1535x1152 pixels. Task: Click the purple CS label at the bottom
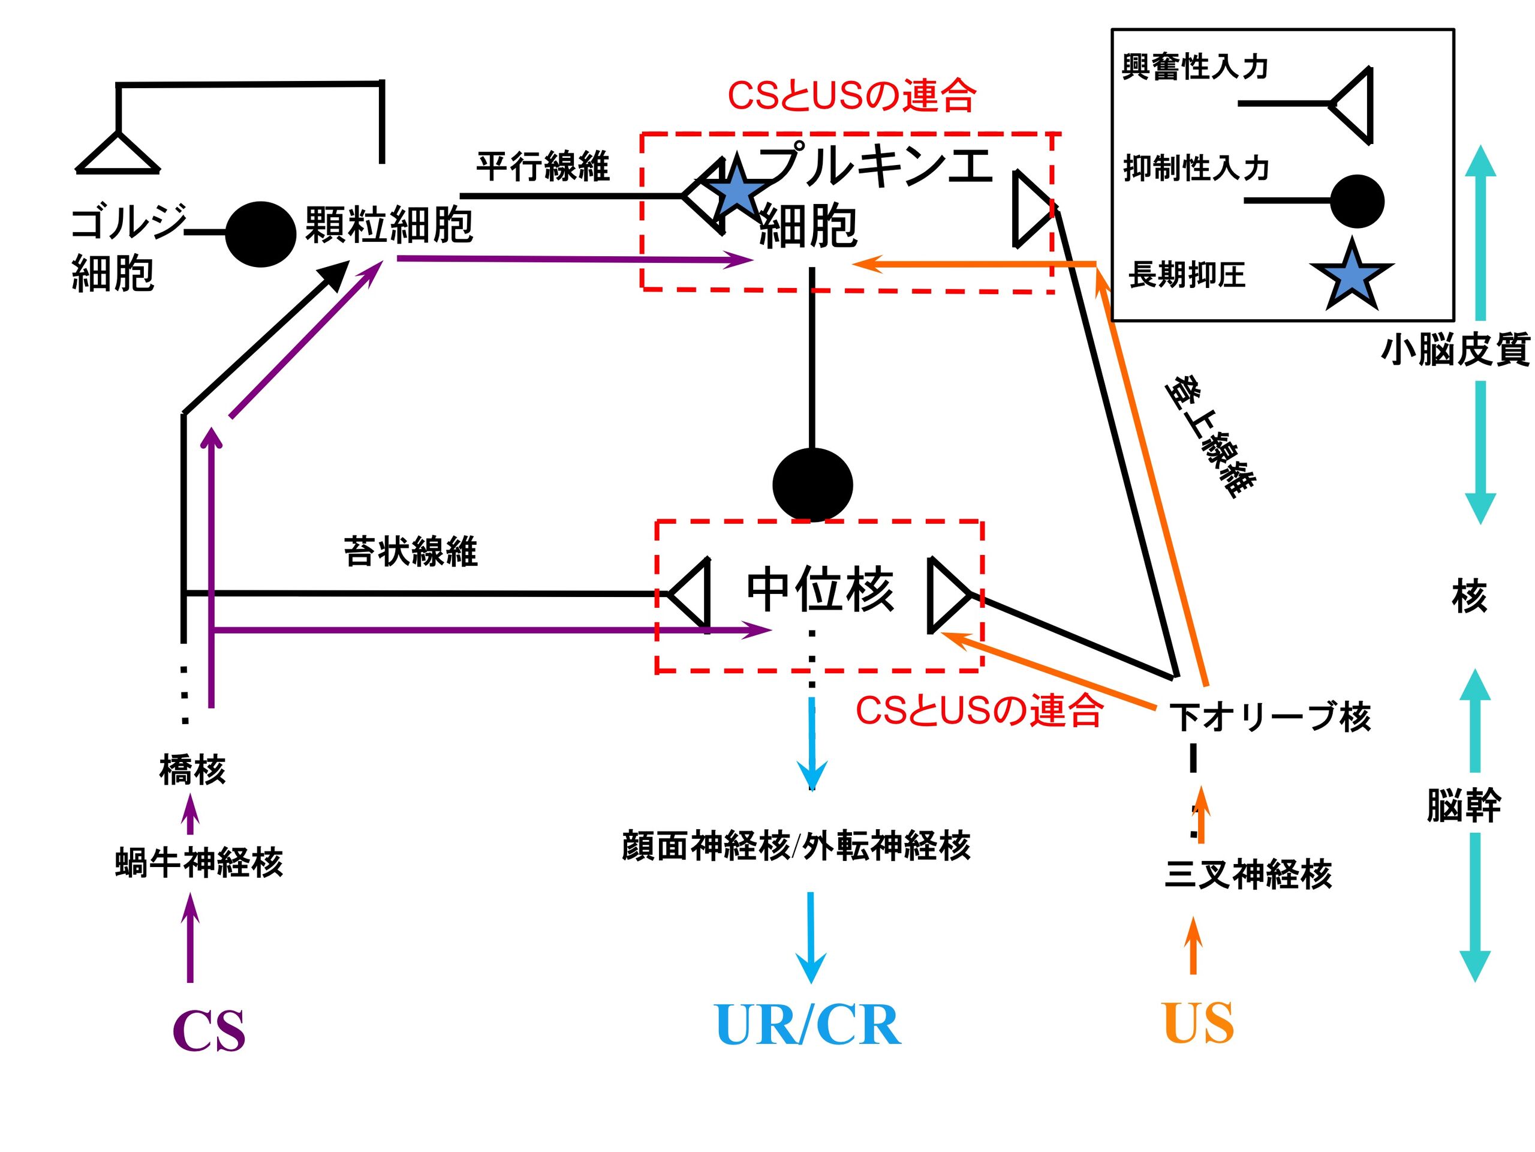click(209, 1030)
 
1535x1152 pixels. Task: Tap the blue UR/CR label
click(808, 1025)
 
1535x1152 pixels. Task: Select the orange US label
click(1199, 1023)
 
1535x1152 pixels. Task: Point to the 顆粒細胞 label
click(389, 224)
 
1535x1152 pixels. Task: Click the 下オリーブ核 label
click(1270, 718)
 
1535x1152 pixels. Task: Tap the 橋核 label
click(192, 770)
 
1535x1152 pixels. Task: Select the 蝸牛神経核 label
click(199, 863)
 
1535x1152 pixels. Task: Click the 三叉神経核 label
click(1248, 874)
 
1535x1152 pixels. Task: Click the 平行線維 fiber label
click(543, 166)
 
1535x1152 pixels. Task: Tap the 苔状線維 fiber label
click(410, 552)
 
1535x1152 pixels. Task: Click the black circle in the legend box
click(1358, 202)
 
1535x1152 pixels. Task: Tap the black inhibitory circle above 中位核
click(812, 485)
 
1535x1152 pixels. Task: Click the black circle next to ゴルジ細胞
click(260, 234)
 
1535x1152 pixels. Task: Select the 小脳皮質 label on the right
click(1455, 349)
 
